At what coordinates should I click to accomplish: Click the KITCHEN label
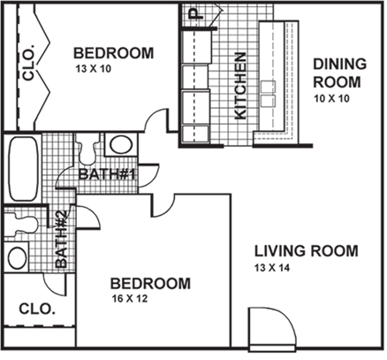pos(239,87)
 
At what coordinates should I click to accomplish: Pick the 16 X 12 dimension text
pos(130,300)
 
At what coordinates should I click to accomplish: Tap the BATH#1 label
pos(105,174)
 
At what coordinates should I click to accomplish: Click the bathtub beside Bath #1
pos(21,168)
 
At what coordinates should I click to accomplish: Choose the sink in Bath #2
pos(17,258)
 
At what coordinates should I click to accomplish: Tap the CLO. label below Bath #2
pos(37,310)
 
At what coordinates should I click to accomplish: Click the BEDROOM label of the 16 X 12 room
pos(150,284)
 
